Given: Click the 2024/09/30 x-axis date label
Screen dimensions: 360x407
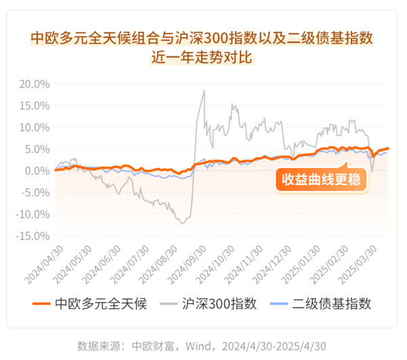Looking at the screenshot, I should [x=184, y=266].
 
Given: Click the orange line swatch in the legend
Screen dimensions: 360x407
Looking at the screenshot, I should [x=41, y=304].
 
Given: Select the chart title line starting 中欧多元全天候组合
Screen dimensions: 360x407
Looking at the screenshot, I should [x=202, y=37].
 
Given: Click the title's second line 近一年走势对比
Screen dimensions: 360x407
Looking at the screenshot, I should [x=202, y=57].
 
